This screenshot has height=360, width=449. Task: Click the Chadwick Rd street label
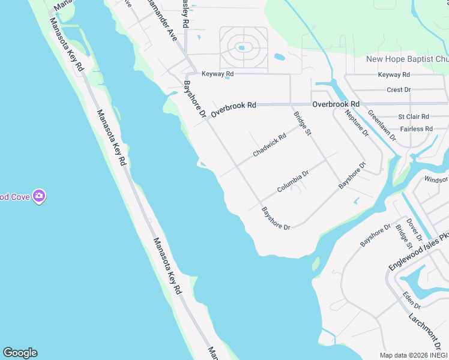click(x=270, y=145)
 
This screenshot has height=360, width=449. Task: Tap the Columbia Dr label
click(x=292, y=181)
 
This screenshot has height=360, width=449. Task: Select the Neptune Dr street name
click(x=357, y=124)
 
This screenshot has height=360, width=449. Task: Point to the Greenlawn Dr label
click(x=382, y=125)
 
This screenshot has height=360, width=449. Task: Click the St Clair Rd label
click(x=414, y=116)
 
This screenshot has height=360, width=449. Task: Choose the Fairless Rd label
click(x=416, y=128)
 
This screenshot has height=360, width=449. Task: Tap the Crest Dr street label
click(x=399, y=89)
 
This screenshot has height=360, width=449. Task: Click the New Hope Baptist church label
click(x=407, y=59)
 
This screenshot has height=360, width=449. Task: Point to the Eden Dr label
click(x=411, y=298)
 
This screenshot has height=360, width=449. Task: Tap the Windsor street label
click(x=436, y=179)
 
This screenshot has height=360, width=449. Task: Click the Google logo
click(x=20, y=353)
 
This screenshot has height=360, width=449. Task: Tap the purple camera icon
click(x=40, y=196)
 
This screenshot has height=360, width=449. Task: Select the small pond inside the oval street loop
click(x=241, y=47)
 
